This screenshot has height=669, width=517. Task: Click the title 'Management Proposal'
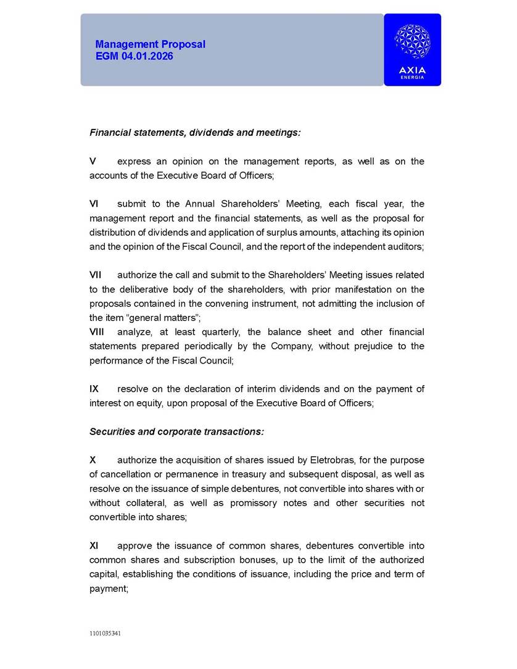150,44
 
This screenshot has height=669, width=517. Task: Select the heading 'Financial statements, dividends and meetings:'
195,133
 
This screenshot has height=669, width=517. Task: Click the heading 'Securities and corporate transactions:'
176,431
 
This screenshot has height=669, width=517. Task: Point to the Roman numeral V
93,161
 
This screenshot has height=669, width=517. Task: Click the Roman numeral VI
94,204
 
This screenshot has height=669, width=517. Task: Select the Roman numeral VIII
97,332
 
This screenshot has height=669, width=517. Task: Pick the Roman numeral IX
94,389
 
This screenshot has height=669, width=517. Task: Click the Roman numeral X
93,460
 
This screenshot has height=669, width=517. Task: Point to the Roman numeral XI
94,546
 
